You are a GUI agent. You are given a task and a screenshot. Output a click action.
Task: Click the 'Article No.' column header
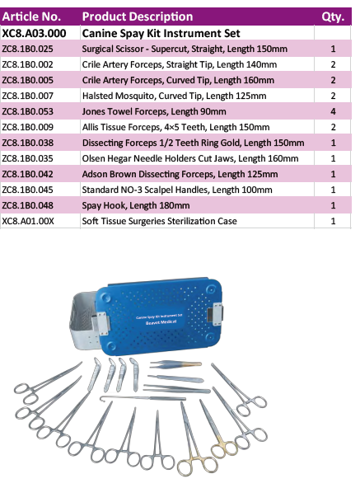click(31, 16)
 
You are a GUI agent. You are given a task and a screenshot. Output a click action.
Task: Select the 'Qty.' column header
click(333, 16)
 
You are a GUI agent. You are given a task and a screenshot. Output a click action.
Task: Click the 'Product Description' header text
click(138, 16)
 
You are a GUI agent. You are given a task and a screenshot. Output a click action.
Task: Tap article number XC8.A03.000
click(34, 33)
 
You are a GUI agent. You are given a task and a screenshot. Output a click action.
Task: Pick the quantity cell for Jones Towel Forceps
click(333, 111)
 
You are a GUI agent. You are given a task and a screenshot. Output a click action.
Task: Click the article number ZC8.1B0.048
click(27, 205)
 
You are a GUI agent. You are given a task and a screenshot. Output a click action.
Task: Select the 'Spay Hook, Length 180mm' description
click(136, 205)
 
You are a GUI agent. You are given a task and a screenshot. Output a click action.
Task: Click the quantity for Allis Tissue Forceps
click(333, 127)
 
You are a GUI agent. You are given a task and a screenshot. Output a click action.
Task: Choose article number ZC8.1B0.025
click(27, 49)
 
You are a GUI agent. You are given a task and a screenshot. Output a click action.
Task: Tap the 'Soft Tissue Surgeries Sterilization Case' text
click(159, 221)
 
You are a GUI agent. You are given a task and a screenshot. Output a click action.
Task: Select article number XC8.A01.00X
click(28, 221)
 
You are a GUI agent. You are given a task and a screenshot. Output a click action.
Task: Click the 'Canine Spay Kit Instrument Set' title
click(161, 33)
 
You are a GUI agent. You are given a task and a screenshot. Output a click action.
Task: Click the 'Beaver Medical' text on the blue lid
click(161, 322)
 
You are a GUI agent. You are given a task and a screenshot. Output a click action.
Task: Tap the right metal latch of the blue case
click(216, 314)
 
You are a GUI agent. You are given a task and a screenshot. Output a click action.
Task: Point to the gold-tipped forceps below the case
click(175, 364)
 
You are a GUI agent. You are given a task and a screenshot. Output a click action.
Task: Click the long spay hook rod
click(143, 398)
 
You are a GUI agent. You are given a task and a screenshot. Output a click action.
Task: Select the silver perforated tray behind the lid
click(82, 321)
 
